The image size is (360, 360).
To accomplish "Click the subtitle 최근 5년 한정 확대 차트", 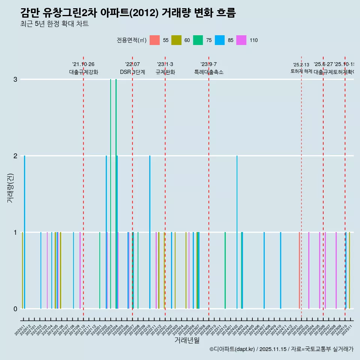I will [x=54, y=24].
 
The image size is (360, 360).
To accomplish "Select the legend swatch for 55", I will [x=154, y=40].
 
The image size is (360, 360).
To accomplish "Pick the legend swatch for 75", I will [x=198, y=40].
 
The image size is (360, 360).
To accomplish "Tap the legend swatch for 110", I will [x=241, y=40].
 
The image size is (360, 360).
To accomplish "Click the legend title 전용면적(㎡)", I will [x=131, y=40].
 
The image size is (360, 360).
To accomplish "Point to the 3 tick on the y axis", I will [x=15, y=79].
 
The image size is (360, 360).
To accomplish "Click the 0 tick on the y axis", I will [x=15, y=309].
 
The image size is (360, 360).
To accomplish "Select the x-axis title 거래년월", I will [x=187, y=340].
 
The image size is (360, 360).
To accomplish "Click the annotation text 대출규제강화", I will [x=83, y=72].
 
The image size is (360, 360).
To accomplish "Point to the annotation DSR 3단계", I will [x=132, y=72].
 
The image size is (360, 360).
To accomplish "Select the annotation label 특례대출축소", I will [x=208, y=72].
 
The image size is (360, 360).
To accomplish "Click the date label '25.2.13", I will [x=301, y=65].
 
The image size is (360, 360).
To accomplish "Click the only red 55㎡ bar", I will [x=299, y=270].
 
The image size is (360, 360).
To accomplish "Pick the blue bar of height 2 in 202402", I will [x=237, y=232].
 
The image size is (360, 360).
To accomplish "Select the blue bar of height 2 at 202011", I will [x=24, y=232].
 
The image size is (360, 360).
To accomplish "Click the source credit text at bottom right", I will [x=281, y=349].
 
